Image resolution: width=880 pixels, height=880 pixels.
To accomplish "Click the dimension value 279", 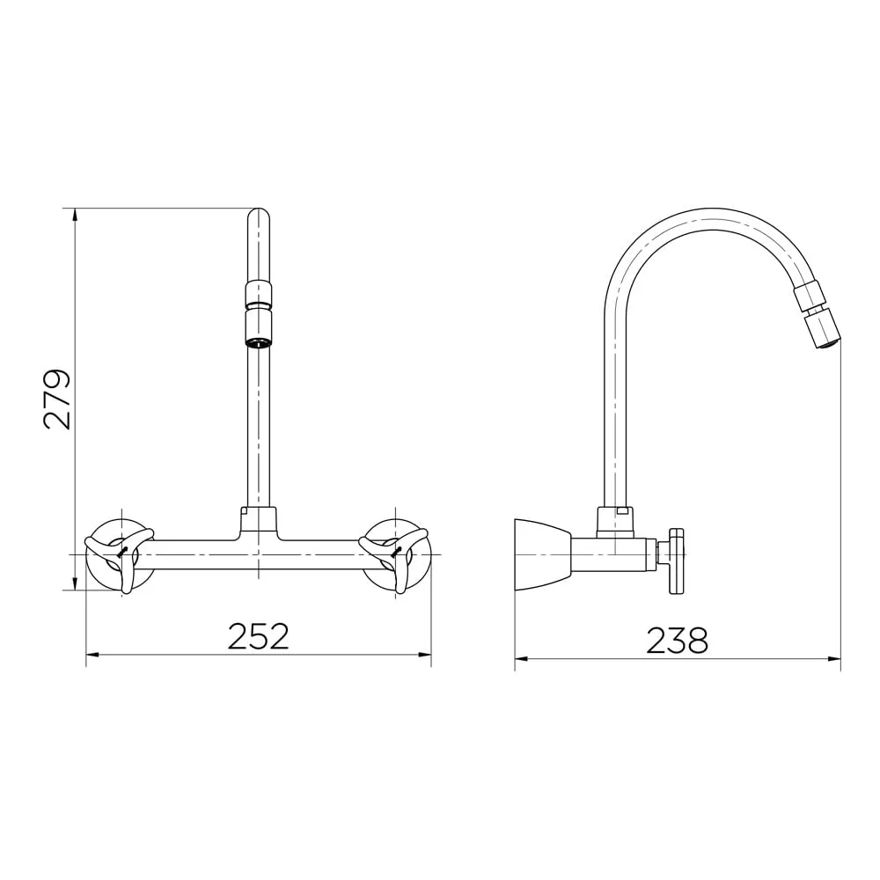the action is [57, 399].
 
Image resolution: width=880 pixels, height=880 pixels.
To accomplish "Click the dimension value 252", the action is [258, 636].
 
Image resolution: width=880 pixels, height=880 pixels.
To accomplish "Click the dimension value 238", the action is [677, 641].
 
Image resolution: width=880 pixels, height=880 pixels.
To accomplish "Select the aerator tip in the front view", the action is [258, 330].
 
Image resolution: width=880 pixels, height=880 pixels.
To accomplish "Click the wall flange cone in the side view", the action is [542, 554].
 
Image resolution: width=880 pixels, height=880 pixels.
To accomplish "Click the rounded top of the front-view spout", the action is [258, 216].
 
